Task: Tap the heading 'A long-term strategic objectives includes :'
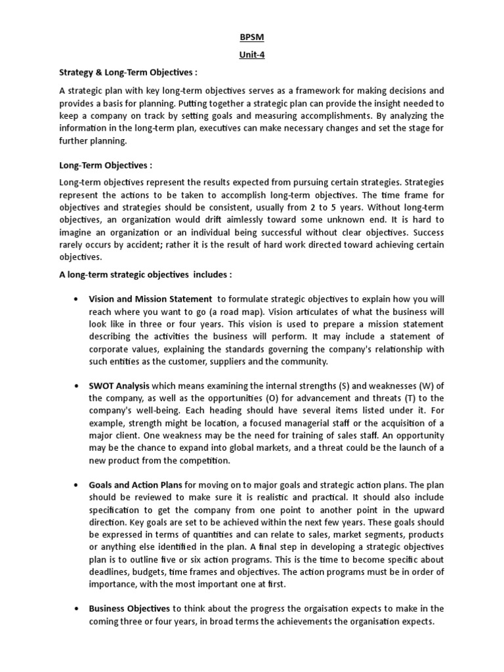146,274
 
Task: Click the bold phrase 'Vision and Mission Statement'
150,299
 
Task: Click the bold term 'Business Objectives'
129,608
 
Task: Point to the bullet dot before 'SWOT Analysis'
77,386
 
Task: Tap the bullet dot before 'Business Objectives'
77,608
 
